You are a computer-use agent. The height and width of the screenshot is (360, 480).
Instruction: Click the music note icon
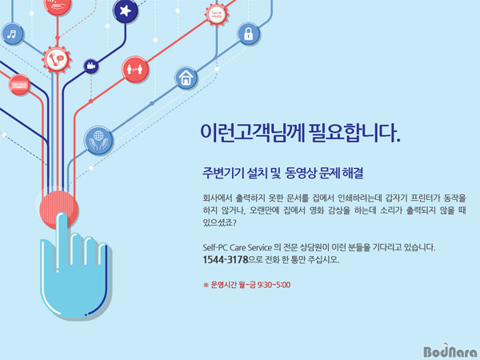(12, 34)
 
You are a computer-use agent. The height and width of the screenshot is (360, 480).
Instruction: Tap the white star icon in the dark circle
(126, 11)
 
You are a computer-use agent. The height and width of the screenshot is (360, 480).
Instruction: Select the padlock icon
(248, 34)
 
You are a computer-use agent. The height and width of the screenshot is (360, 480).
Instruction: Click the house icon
(186, 78)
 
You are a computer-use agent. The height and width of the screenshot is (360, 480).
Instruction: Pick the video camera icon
(91, 66)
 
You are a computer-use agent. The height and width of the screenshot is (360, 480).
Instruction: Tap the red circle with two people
(134, 69)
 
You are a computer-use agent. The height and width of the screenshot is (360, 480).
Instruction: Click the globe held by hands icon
(98, 141)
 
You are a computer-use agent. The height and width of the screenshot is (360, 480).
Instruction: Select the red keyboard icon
(19, 84)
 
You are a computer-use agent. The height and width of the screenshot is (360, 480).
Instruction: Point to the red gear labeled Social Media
(217, 14)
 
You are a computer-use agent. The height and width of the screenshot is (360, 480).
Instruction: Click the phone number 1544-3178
(225, 259)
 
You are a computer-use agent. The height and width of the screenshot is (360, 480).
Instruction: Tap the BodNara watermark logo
(450, 351)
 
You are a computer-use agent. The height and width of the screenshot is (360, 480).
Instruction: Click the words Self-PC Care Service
(237, 247)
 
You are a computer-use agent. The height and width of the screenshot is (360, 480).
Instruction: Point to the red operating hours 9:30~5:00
(274, 285)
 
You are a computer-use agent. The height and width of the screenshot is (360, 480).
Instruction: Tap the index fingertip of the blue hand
(62, 216)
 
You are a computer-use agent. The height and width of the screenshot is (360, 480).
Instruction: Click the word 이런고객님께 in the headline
(252, 134)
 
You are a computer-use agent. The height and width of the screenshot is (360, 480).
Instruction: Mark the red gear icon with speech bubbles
(57, 59)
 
